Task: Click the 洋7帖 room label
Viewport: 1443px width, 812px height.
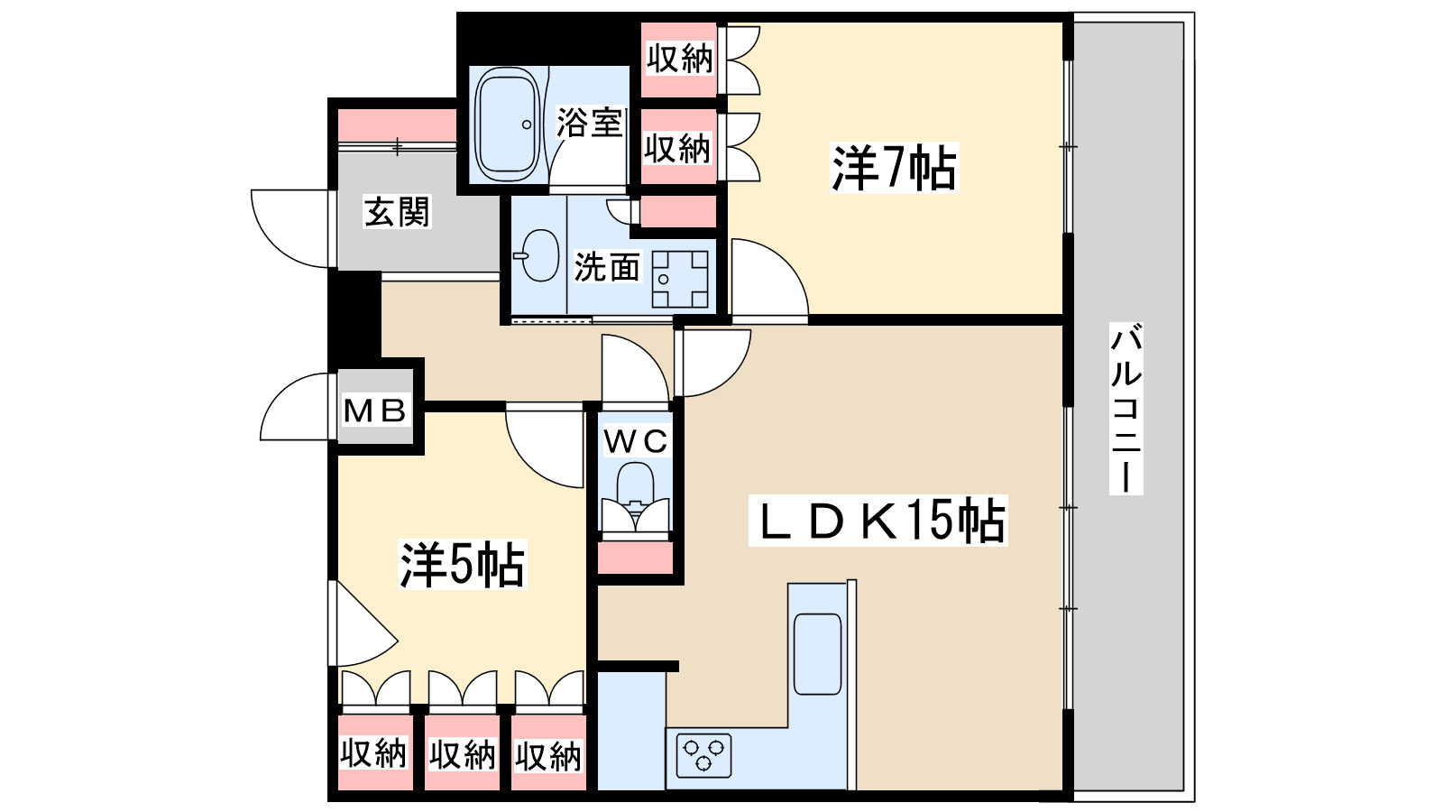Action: [x=893, y=168]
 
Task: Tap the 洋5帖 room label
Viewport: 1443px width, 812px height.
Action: [x=462, y=565]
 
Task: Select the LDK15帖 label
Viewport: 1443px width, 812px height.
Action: [x=878, y=521]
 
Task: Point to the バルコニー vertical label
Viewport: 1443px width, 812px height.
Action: [x=1126, y=408]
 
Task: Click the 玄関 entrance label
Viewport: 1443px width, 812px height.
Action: [x=397, y=212]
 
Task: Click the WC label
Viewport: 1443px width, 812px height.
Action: [x=636, y=441]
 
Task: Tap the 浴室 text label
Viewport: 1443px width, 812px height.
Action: [x=589, y=123]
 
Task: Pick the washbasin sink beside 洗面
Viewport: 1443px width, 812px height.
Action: [x=540, y=255]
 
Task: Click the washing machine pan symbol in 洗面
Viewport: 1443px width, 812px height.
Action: [x=680, y=279]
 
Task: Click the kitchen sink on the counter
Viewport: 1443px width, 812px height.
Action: [x=817, y=653]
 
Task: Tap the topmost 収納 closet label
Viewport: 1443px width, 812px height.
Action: [x=679, y=59]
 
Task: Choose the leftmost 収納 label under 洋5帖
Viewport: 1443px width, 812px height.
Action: [x=372, y=752]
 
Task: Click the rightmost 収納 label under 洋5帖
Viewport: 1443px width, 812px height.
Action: [x=548, y=756]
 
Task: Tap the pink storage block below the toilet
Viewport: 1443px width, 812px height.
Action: [x=636, y=558]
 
